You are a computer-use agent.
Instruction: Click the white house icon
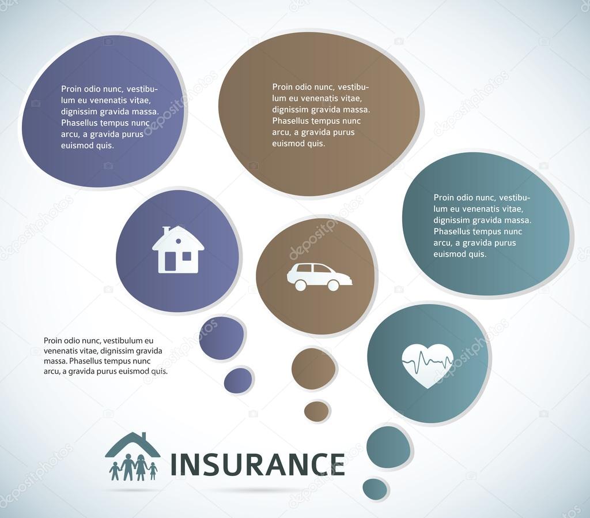pyautogui.click(x=177, y=250)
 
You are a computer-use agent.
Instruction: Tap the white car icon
pyautogui.click(x=319, y=276)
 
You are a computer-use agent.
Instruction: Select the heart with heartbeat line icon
pyautogui.click(x=427, y=365)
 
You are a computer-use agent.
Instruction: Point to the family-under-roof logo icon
pyautogui.click(x=133, y=457)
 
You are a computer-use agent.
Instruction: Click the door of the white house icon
pyautogui.click(x=171, y=261)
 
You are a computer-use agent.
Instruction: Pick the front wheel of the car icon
pyautogui.click(x=333, y=285)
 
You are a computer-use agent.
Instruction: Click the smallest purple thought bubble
pyautogui.click(x=238, y=381)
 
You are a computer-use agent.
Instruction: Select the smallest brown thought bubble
pyautogui.click(x=316, y=411)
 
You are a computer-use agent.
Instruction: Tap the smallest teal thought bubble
pyautogui.click(x=375, y=489)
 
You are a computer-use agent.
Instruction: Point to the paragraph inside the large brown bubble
pyautogui.click(x=320, y=115)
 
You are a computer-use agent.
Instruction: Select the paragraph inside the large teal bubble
pyautogui.click(x=482, y=226)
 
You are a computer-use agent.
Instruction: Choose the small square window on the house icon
pyautogui.click(x=187, y=256)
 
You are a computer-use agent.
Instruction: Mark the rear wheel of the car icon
pyautogui.click(x=300, y=285)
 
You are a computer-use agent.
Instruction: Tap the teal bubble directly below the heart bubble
pyautogui.click(x=389, y=447)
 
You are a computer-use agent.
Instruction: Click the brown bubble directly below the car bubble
pyautogui.click(x=313, y=368)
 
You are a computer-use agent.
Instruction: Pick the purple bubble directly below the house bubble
pyautogui.click(x=222, y=339)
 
